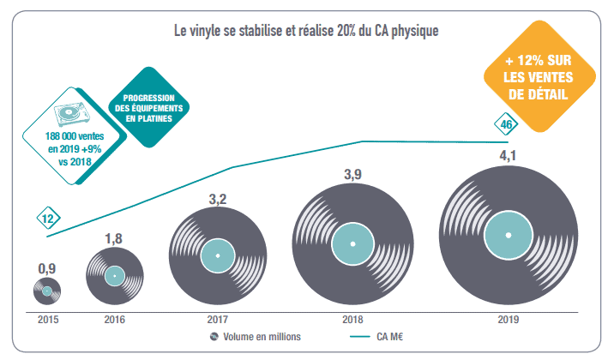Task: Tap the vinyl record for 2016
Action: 115,277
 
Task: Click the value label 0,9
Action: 46,269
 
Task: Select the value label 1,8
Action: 115,238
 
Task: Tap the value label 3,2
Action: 218,200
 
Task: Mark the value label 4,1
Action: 508,157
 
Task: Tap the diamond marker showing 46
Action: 507,125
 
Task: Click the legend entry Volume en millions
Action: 256,336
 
